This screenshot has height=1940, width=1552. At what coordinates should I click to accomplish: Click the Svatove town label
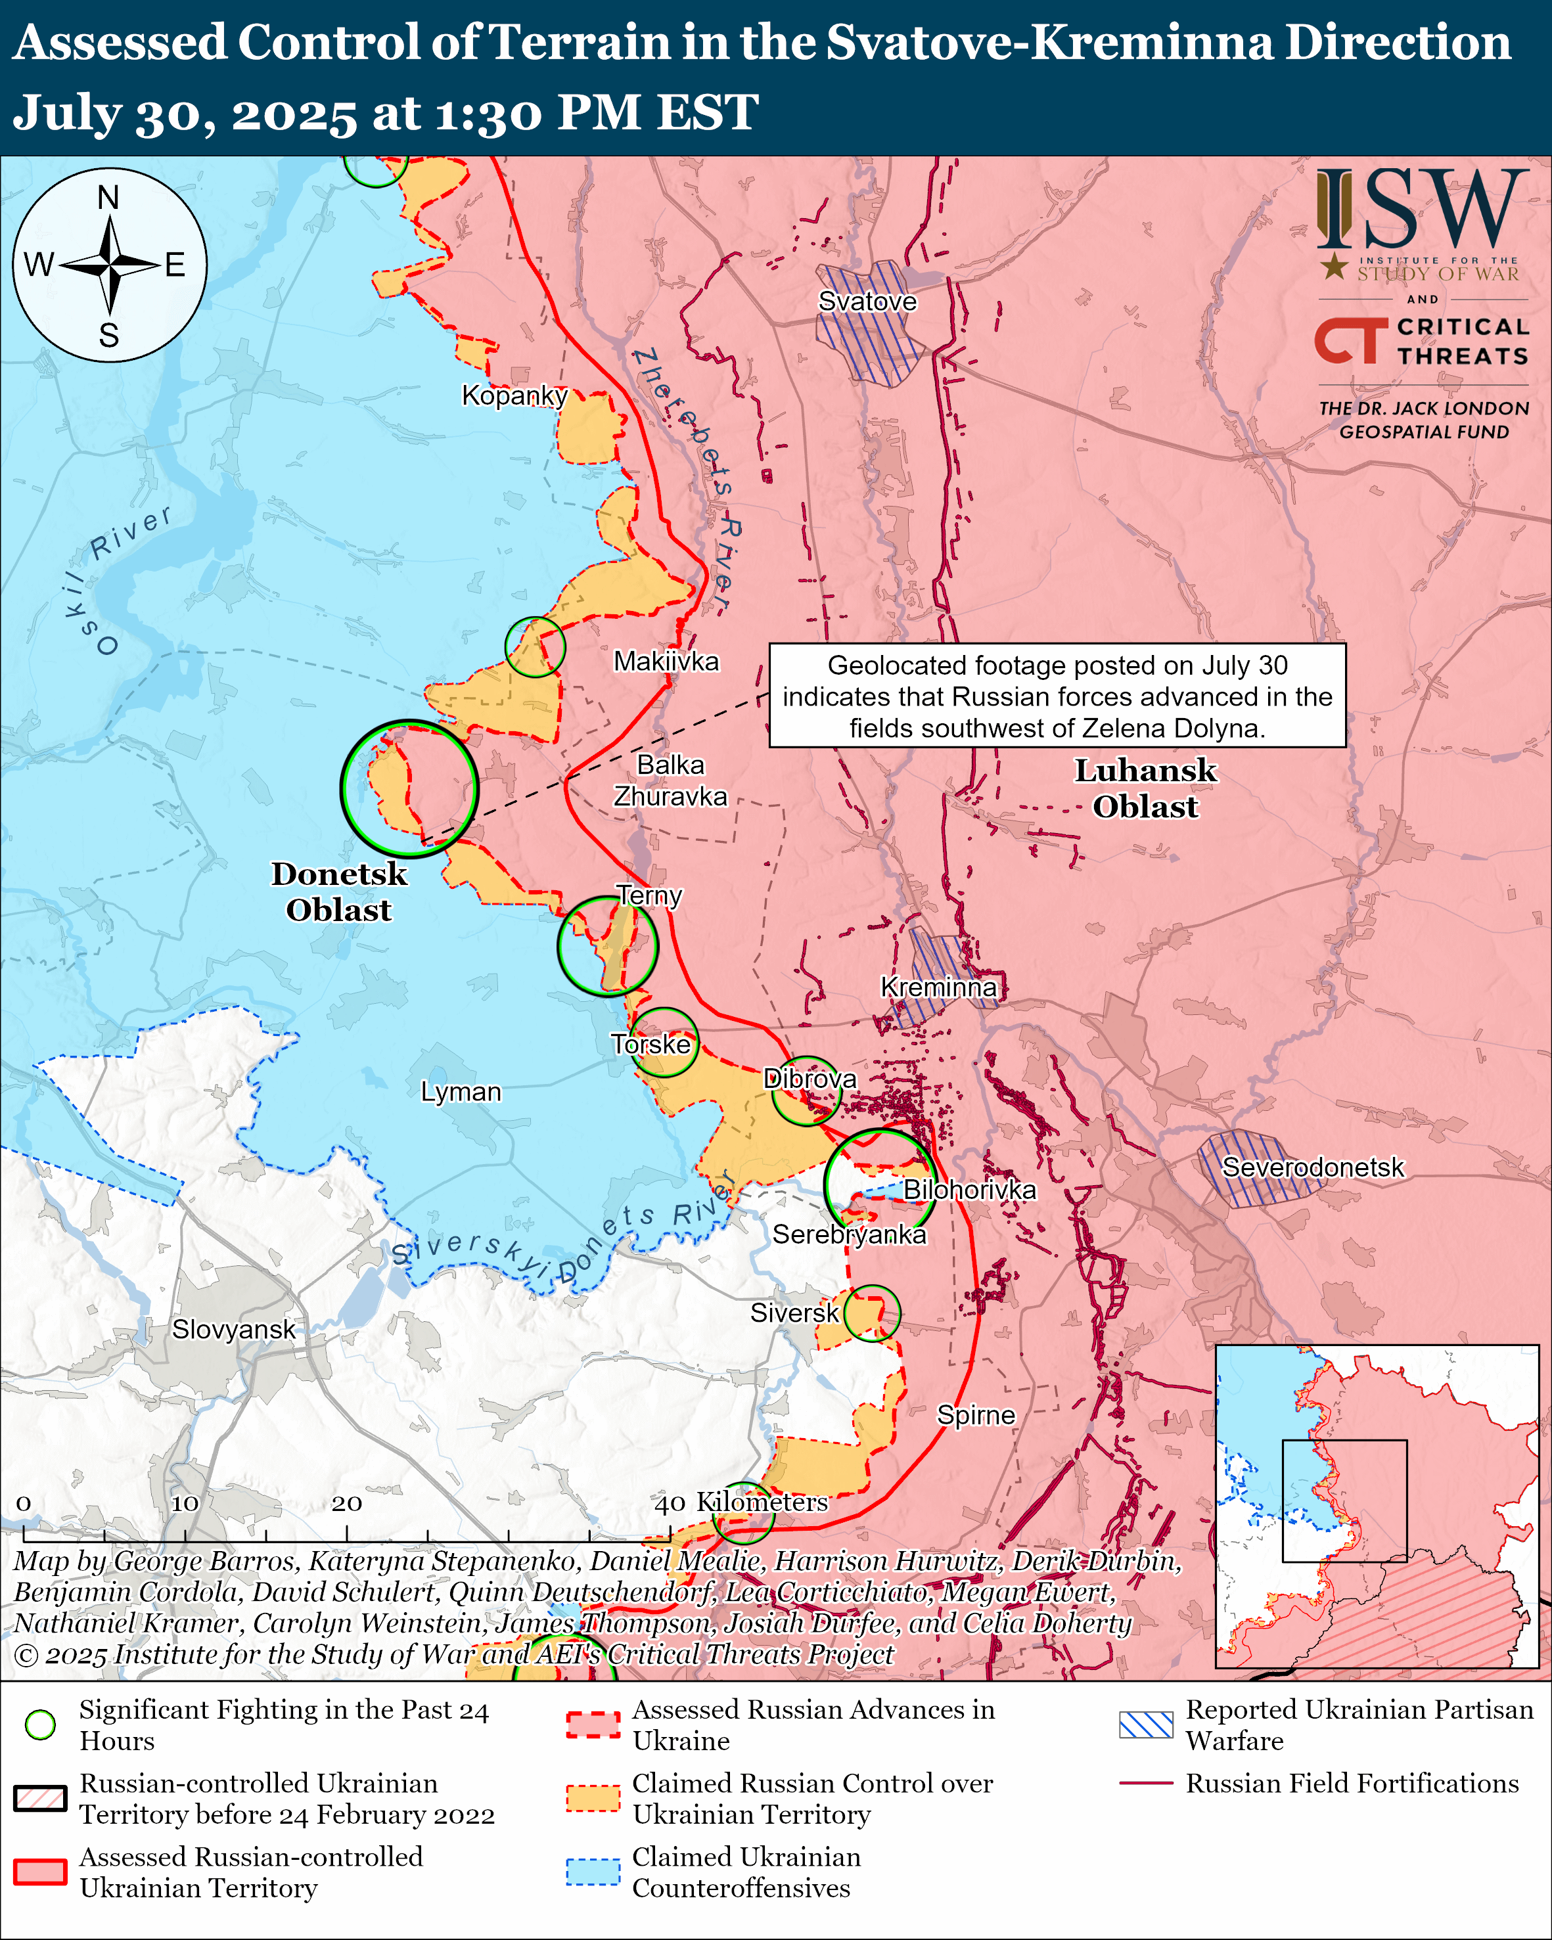click(x=867, y=302)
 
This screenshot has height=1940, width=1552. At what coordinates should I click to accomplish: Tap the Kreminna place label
click(x=938, y=987)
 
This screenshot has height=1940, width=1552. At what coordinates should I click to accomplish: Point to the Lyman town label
click(x=461, y=1091)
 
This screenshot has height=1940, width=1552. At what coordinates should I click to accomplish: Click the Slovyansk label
click(x=233, y=1329)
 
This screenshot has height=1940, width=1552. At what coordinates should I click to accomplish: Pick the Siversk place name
click(x=794, y=1313)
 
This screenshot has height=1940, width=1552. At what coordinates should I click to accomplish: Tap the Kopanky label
click(x=514, y=395)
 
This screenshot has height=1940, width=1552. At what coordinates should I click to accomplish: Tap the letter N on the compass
click(x=108, y=197)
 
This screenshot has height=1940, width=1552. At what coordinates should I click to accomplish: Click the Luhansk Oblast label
click(x=1145, y=788)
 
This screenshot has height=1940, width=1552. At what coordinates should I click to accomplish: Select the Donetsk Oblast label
click(x=338, y=891)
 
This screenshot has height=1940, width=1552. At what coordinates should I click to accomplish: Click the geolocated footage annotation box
click(x=1057, y=696)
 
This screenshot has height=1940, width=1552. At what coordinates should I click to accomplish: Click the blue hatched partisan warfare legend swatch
click(x=1145, y=1724)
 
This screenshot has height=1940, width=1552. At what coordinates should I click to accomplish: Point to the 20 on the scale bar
click(x=346, y=1504)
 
